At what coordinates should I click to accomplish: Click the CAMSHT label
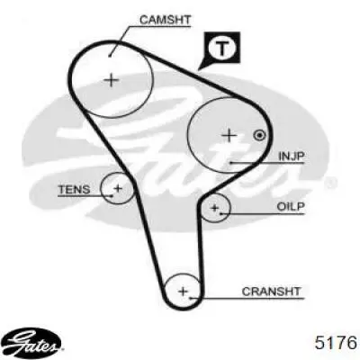[165, 20]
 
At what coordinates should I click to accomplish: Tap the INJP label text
[292, 156]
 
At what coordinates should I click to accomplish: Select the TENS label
[74, 190]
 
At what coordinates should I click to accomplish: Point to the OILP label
[291, 207]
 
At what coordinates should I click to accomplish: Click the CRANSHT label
[271, 292]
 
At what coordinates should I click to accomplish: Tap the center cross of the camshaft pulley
[112, 80]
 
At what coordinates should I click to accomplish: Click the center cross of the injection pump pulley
[229, 136]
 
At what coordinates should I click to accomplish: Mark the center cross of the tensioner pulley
[118, 189]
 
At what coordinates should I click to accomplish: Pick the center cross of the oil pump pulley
[214, 208]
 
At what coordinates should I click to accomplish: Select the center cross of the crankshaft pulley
[183, 291]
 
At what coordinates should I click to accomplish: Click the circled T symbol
[221, 48]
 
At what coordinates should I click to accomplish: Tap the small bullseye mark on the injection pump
[259, 135]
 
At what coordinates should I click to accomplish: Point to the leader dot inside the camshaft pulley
[110, 56]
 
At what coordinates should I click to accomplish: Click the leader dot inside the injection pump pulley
[231, 163]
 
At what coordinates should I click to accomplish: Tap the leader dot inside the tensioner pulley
[112, 196]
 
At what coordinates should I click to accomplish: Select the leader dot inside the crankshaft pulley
[190, 298]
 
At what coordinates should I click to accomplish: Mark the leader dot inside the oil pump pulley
[220, 213]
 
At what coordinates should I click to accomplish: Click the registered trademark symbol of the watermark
[331, 182]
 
